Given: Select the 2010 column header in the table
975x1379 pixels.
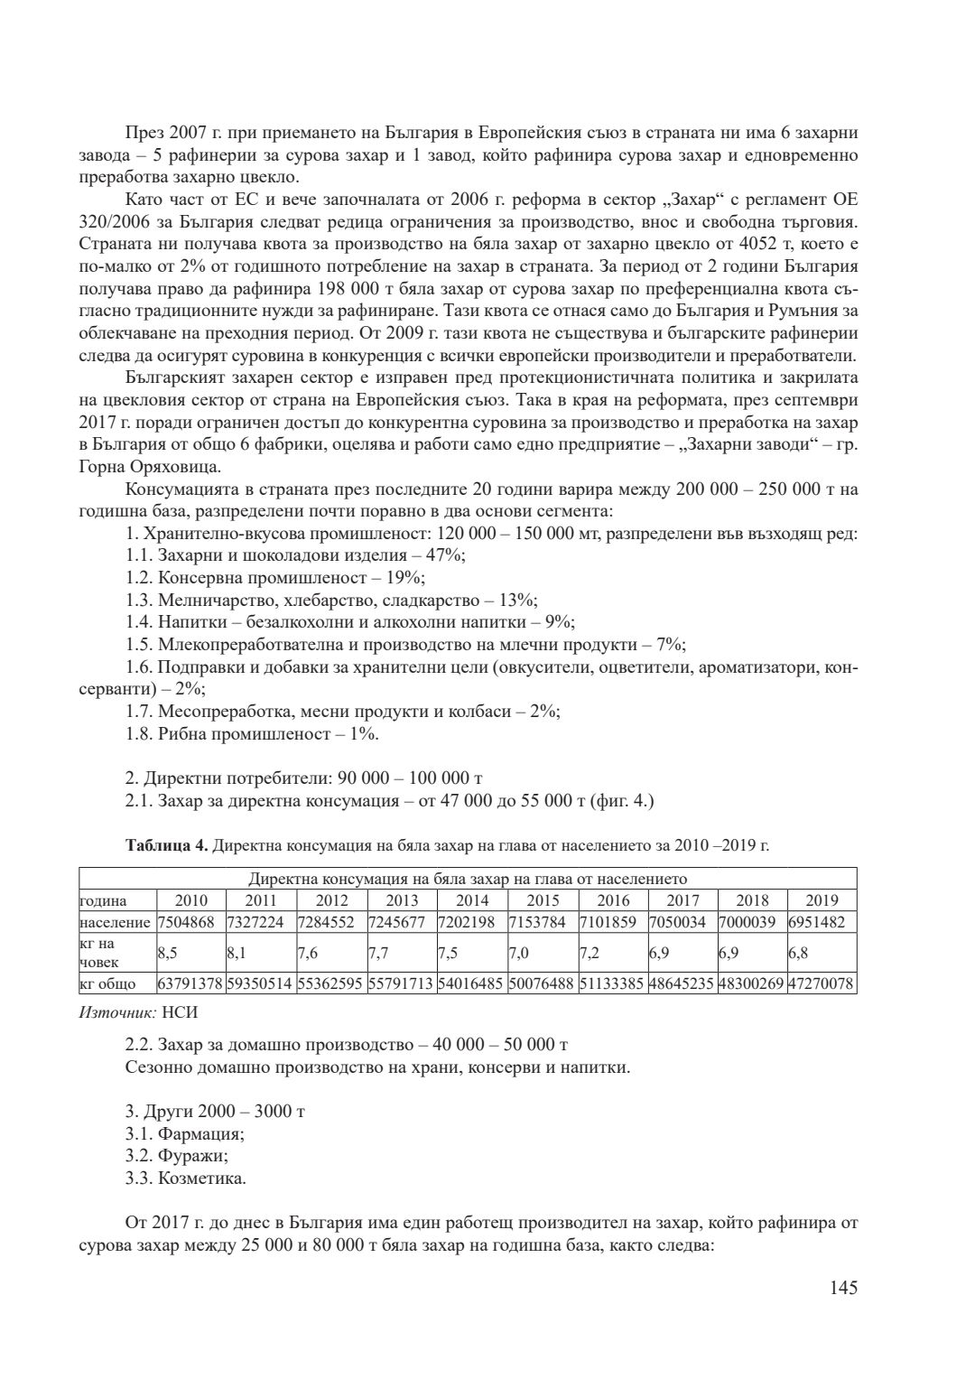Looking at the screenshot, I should click(190, 900).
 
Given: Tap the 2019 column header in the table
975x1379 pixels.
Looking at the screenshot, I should click(821, 900).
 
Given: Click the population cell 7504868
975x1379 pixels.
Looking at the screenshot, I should click(190, 923).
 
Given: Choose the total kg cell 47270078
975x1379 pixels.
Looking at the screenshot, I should click(822, 983).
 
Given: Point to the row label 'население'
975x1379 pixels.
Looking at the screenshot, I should click(116, 923).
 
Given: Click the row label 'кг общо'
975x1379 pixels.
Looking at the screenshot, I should click(108, 983).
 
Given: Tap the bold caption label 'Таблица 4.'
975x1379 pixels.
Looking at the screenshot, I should click(167, 845).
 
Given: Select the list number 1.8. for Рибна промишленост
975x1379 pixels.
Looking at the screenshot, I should click(139, 734).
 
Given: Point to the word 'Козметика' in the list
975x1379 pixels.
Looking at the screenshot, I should click(200, 1179).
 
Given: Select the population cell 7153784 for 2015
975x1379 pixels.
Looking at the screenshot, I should click(542, 923).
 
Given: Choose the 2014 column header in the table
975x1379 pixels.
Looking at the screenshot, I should click(472, 900).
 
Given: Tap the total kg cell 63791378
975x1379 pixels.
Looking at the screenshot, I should click(190, 983).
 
